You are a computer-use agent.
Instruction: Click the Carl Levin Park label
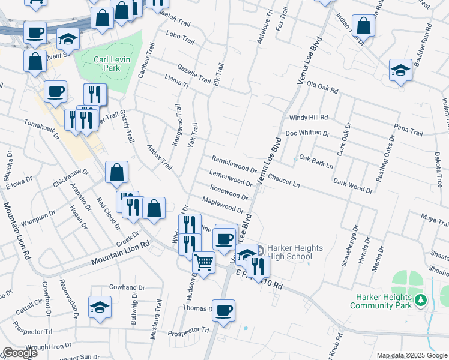[x=107, y=64]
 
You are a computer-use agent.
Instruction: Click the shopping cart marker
[x=203, y=262]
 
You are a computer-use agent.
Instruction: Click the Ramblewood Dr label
[x=234, y=163]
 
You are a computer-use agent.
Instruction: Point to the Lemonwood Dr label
[x=231, y=177]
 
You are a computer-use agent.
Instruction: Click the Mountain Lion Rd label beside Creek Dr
[x=120, y=254]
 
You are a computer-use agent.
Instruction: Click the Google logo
[x=20, y=353]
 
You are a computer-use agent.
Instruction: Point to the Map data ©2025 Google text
[x=412, y=355]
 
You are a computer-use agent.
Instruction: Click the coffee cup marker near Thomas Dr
[x=223, y=311]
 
